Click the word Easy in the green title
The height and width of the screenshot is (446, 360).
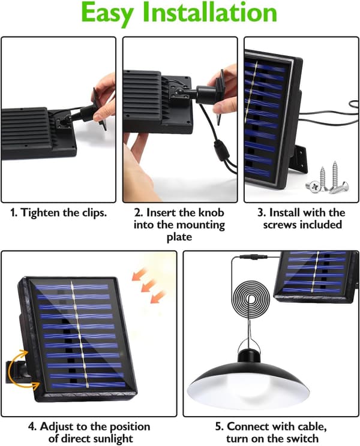107,13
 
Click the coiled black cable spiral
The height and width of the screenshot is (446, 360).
251,299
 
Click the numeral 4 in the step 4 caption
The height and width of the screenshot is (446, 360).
32,427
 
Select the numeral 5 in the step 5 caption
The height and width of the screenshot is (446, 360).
219,427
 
